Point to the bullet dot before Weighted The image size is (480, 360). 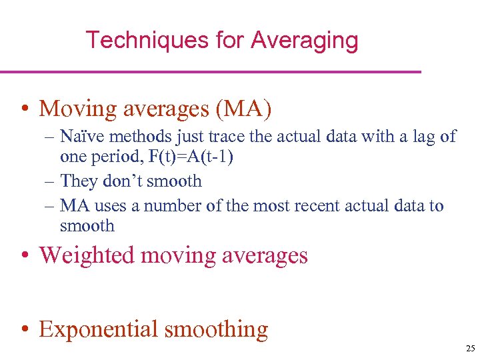24,257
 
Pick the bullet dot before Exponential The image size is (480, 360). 24,330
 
